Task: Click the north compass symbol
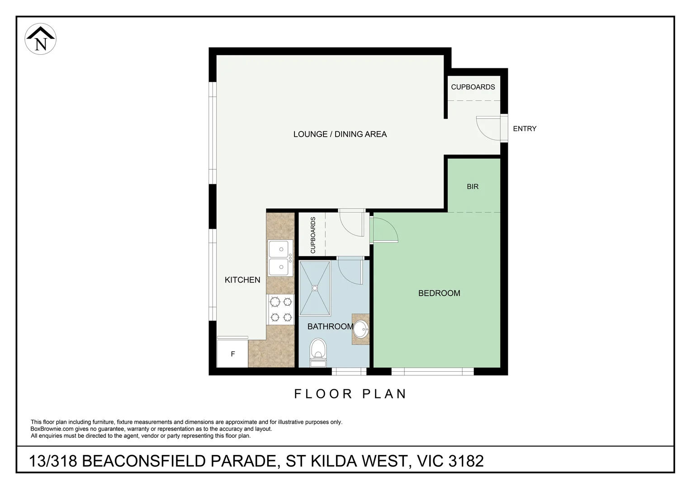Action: [40, 39]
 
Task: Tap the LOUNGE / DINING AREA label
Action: [340, 134]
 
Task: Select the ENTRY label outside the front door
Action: [524, 129]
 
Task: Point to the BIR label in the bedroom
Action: [472, 187]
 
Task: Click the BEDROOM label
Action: [439, 293]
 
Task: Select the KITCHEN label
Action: [242, 280]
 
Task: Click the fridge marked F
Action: [233, 354]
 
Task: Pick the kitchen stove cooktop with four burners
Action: [280, 309]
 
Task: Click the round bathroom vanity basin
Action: [361, 329]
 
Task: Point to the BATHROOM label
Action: [330, 326]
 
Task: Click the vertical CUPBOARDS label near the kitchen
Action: [313, 235]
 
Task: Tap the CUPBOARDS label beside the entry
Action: [473, 87]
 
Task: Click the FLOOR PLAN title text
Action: [350, 394]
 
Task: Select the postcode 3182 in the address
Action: [466, 461]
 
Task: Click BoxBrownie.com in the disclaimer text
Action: [52, 429]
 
